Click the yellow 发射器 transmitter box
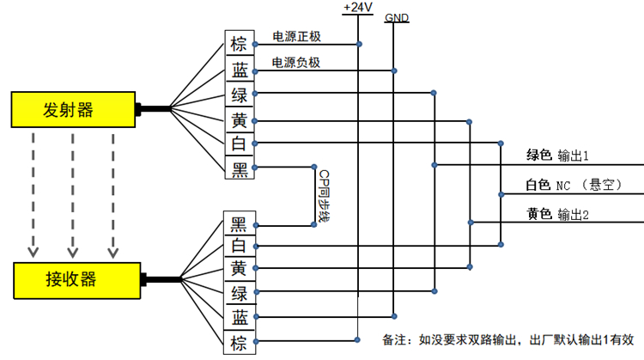pos(73,108)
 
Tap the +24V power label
pos(357,8)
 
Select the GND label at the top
pos(397,17)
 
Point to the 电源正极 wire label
pos(296,37)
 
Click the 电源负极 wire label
pos(296,63)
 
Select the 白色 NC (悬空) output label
pos(573,185)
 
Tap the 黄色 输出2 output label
pos(557,214)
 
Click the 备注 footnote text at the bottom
pos(507,339)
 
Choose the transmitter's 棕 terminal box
pos(240,44)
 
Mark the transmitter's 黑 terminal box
pos(240,168)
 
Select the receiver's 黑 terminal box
pos(240,224)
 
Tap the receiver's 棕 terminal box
pos(240,343)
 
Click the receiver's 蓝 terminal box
pos(240,319)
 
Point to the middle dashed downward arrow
pos(73,193)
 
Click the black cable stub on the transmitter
pos(153,108)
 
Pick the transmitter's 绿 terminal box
pos(240,94)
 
